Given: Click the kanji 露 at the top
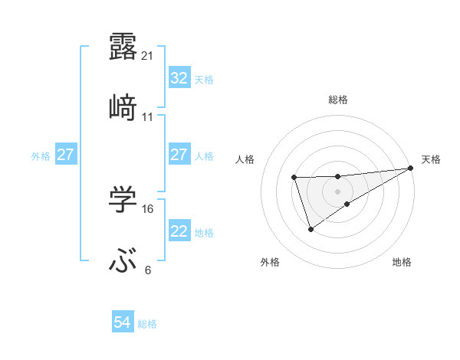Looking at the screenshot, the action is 123,45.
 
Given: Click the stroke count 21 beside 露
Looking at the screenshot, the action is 149,55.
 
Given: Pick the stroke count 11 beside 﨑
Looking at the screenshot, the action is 148,117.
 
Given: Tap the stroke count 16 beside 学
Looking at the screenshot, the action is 149,208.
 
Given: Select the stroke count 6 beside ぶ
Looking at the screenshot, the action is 148,270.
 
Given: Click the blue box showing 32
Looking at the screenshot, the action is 179,78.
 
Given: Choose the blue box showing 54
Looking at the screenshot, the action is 122,323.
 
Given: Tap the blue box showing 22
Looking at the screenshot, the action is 179,231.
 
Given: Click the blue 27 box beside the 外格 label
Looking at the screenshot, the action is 65,155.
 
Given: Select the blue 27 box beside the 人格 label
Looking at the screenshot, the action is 179,155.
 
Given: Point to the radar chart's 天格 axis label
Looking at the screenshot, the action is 432,159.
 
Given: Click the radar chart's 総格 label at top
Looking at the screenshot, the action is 338,100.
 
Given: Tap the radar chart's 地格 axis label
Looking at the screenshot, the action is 402,262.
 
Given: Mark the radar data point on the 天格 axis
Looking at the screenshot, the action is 412,167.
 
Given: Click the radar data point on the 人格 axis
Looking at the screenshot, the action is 294,177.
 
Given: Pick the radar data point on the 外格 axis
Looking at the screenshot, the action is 310,228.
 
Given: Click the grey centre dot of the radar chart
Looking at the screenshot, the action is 338,190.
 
